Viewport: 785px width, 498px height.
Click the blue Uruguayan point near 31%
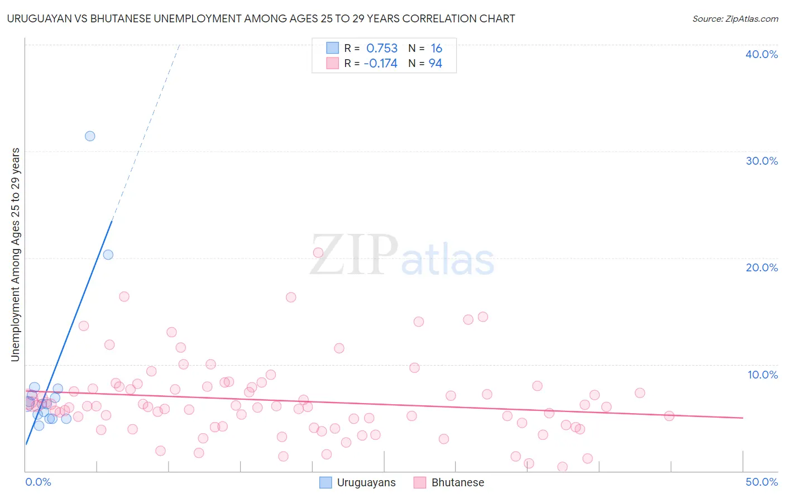tap(90, 136)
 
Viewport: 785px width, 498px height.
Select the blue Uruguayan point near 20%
tap(108, 255)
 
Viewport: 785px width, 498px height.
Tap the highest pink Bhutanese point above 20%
tap(318, 252)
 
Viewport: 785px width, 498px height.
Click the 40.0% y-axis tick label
tap(762, 54)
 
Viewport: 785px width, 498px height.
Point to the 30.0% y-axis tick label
tap(762, 161)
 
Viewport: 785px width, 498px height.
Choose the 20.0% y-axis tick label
tap(762, 267)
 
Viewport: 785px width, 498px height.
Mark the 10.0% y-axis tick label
tap(763, 375)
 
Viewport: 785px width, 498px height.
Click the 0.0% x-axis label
tap(38, 482)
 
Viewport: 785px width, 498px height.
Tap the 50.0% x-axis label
tap(762, 482)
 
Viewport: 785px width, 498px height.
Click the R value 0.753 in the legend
tap(382, 49)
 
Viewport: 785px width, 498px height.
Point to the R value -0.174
tap(380, 64)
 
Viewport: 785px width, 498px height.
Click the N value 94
tap(435, 64)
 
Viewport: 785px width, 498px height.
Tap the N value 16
tap(436, 49)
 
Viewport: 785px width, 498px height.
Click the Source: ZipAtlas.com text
tap(735, 19)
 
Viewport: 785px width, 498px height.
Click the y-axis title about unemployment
tap(16, 255)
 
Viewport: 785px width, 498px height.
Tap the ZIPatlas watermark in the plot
tap(402, 256)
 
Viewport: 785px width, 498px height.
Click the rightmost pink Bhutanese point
tap(669, 416)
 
